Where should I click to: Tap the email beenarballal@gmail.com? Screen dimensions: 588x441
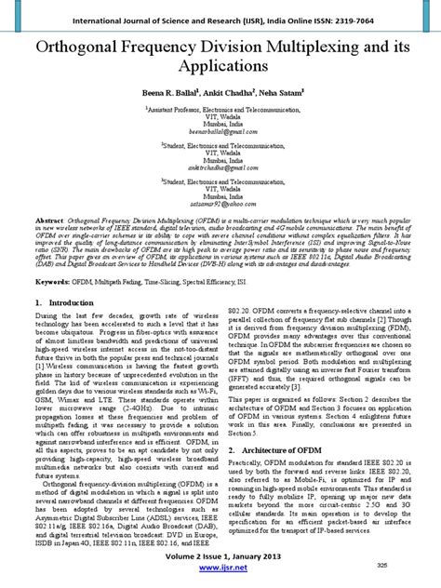coord(220,134)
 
